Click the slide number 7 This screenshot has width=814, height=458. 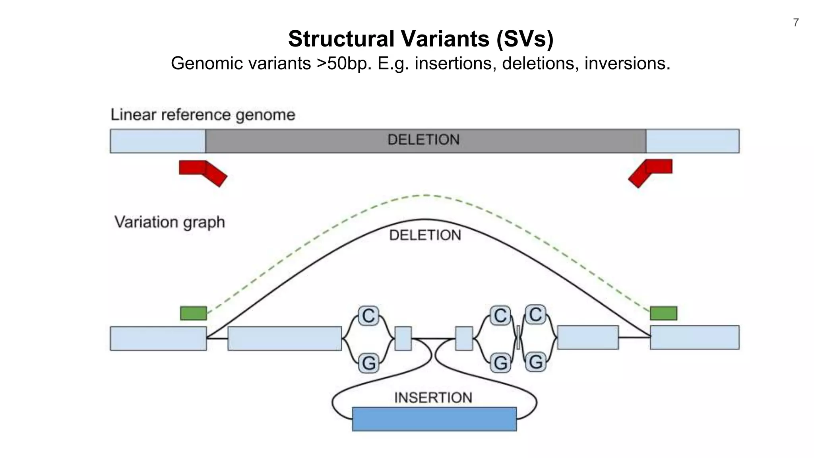tap(796, 23)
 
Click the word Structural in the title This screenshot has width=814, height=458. tap(341, 39)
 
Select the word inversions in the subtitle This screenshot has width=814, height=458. tap(627, 64)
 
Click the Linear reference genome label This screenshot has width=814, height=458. tap(203, 115)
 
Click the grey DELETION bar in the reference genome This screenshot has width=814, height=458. tap(425, 141)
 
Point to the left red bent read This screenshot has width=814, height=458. tap(202, 171)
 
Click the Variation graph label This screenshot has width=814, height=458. tap(170, 222)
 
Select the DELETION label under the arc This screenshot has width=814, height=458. tap(425, 235)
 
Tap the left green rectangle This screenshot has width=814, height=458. tap(194, 313)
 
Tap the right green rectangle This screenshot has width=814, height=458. tap(663, 313)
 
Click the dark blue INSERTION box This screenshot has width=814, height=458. tap(434, 419)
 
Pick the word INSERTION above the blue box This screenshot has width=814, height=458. tap(433, 398)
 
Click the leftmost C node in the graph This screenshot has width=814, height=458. tap(368, 316)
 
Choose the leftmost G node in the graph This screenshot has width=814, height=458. tap(368, 363)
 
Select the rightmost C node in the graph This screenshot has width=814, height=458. tap(535, 314)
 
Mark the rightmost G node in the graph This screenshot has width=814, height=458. tap(535, 362)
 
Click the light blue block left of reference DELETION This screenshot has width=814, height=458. tap(158, 141)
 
